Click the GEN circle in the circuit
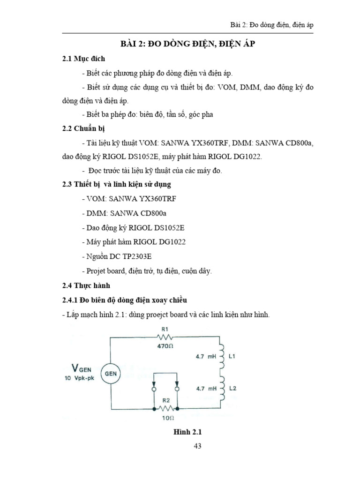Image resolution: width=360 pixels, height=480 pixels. coord(110,374)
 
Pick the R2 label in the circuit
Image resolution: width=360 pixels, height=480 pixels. coord(165,401)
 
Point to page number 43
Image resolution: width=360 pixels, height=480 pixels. coord(197,446)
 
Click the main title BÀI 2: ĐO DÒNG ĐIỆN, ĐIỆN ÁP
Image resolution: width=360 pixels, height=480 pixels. coord(189,44)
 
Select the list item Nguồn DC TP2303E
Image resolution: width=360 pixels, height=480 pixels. coord(119,256)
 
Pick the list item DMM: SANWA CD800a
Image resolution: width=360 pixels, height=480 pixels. coord(124,213)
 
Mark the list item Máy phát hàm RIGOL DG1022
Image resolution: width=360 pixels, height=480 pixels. coord(133,242)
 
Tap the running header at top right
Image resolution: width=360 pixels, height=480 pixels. coord(269,25)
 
